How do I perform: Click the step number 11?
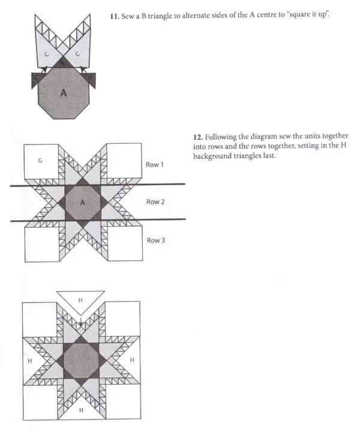point(115,16)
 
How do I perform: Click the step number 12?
point(198,137)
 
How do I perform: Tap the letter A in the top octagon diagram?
point(64,93)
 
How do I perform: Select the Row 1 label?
point(155,164)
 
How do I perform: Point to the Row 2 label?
point(155,202)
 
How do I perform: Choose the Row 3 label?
point(156,240)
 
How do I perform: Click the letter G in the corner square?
point(40,161)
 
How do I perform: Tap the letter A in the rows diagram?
point(82,203)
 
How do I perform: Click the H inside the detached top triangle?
point(80,300)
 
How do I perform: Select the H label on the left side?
point(30,360)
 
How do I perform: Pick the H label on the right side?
point(132,360)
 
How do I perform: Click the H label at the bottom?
point(81,410)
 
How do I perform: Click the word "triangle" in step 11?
point(160,16)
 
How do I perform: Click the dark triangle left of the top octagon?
point(36,80)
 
